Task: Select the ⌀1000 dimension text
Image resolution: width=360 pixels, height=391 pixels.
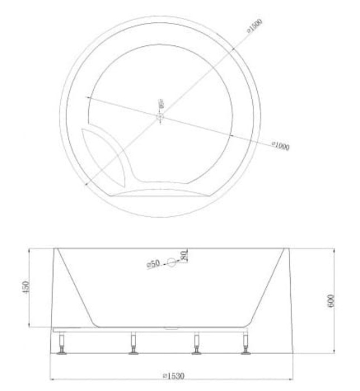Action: pos(281,146)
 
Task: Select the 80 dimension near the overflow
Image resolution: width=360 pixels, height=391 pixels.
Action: pos(183,256)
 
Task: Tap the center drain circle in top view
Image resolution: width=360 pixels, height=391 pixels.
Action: pos(160,117)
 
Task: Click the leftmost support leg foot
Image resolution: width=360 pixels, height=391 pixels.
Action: pos(62,351)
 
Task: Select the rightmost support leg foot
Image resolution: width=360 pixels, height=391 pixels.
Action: pos(246,351)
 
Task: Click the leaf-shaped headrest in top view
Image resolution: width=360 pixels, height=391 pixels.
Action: pos(104,157)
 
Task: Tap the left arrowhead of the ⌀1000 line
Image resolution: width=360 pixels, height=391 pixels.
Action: pos(88,100)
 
